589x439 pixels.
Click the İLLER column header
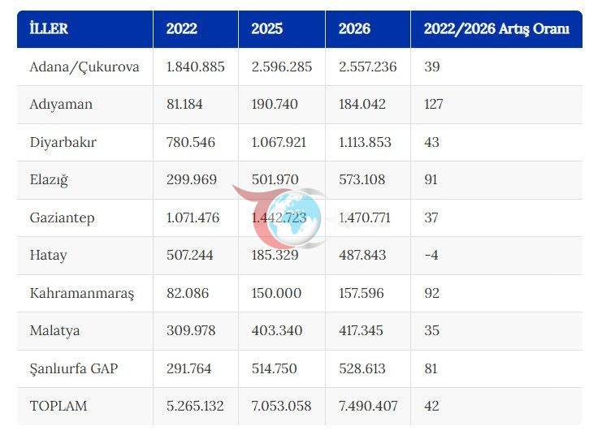coord(49,28)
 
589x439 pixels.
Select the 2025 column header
coord(266,28)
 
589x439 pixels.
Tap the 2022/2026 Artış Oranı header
coord(496,28)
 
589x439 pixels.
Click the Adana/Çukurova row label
coord(84,67)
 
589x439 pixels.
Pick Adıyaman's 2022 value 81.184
coord(184,104)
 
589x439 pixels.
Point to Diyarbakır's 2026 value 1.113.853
coord(365,142)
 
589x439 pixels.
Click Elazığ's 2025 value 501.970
coord(275,179)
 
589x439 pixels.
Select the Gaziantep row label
coord(62,217)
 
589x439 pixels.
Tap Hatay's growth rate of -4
coord(431,255)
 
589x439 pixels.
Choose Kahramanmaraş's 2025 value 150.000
coord(276,293)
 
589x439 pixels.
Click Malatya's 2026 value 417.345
coord(361,330)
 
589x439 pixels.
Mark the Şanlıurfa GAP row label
coord(74,368)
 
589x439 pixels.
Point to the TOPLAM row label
coord(58,406)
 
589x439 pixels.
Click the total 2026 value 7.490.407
coord(368,406)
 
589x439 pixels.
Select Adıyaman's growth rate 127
coord(434,104)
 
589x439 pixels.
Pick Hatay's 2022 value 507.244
coord(189,255)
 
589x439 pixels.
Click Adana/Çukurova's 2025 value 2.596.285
coord(282,67)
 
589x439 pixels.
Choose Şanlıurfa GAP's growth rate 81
coord(431,368)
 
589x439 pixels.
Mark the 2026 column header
coord(354,28)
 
